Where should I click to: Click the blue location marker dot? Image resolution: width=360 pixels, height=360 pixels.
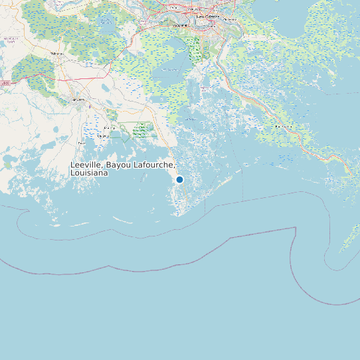pos(179,179)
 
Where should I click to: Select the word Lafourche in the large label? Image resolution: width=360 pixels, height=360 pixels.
pos(153,165)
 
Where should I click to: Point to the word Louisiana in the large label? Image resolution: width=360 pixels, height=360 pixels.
pos(89,173)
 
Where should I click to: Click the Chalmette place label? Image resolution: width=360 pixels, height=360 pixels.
pos(230,20)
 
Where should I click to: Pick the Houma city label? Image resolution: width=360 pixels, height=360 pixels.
pos(78,100)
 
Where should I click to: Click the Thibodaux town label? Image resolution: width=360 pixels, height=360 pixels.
pos(57,53)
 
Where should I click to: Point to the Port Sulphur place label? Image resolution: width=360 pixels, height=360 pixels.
pos(284,126)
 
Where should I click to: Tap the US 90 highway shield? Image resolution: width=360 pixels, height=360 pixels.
pos(6,83)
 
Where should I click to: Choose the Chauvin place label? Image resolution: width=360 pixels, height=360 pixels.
pos(104,136)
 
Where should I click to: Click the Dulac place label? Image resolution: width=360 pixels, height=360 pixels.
pos(82,142)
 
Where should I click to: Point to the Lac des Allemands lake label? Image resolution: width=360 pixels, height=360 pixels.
pos(106,20)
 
